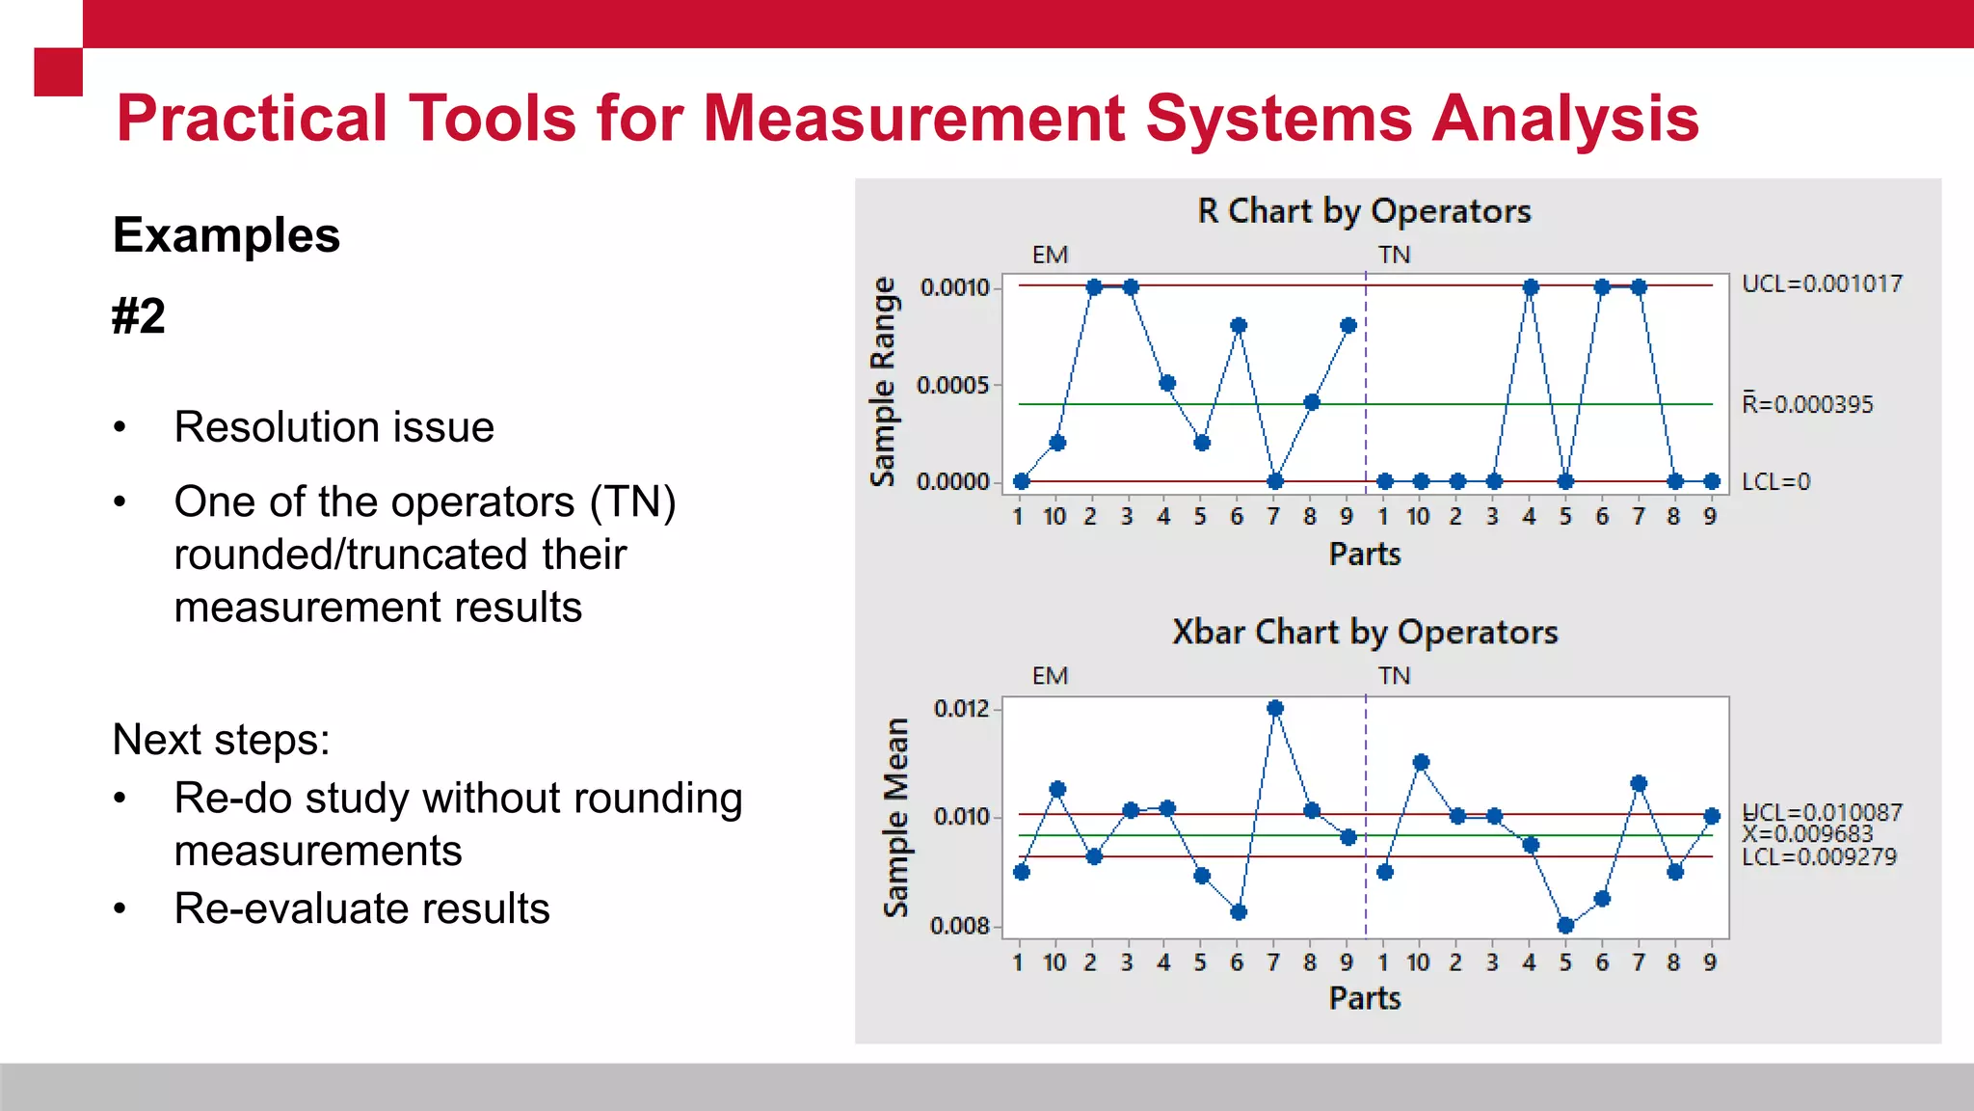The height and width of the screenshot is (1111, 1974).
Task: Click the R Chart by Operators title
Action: click(x=1364, y=211)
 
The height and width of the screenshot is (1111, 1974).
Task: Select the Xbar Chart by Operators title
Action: click(x=1364, y=633)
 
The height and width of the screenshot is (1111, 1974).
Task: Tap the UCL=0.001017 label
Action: click(x=1822, y=284)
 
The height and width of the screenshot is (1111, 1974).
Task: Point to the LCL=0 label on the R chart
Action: click(x=1775, y=481)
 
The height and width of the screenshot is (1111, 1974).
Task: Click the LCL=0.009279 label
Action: click(x=1819, y=857)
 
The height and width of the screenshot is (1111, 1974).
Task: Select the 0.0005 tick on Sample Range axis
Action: click(x=953, y=386)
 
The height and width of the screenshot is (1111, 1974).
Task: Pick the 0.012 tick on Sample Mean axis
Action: click(x=962, y=709)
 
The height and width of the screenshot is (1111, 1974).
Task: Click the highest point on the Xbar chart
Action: click(x=1275, y=708)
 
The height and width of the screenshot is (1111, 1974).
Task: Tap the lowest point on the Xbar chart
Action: click(x=1566, y=926)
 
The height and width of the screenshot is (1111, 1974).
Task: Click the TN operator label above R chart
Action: click(x=1394, y=255)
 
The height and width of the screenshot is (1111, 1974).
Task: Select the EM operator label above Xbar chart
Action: click(x=1050, y=676)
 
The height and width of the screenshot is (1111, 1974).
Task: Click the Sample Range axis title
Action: click(x=883, y=382)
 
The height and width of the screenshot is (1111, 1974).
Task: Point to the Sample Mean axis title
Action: click(x=896, y=818)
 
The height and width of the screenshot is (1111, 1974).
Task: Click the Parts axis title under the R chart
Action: click(x=1365, y=555)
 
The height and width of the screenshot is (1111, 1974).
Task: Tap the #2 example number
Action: click(x=139, y=316)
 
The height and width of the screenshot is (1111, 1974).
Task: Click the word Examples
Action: click(x=227, y=235)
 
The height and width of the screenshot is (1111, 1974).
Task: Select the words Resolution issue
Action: click(x=333, y=427)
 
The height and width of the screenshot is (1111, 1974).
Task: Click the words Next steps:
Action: click(x=221, y=741)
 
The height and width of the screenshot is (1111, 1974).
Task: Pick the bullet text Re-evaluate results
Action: click(x=361, y=908)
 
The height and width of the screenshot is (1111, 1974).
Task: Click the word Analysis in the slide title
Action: click(x=1565, y=119)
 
